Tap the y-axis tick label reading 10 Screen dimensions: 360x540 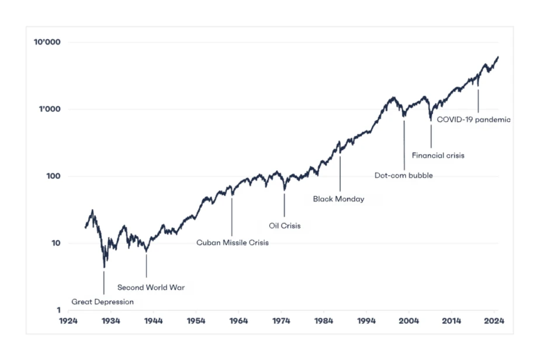56,243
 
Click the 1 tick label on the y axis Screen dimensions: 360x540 58,310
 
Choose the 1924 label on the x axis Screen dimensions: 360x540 68,321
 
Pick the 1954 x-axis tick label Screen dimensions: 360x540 196,321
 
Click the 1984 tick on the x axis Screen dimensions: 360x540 324,321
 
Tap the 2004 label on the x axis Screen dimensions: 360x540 410,321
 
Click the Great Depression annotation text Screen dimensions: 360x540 102,302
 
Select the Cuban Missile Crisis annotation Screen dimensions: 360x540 233,243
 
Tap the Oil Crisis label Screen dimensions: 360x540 285,226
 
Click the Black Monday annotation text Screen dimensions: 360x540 338,199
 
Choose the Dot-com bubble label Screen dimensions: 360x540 404,175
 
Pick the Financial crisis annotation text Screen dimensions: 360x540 438,155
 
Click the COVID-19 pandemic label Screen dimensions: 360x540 474,120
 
